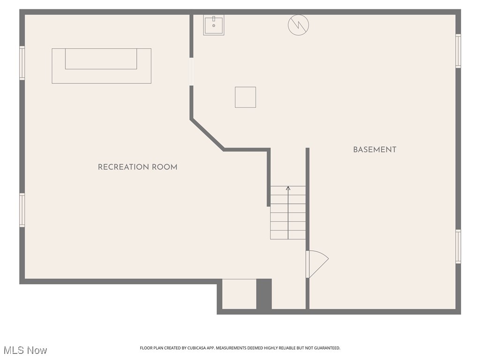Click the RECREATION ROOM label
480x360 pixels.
[x=137, y=167]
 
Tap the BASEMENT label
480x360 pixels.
[x=375, y=150]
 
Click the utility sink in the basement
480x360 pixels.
[x=214, y=25]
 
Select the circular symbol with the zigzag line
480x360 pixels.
[x=299, y=25]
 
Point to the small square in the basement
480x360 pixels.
[x=245, y=97]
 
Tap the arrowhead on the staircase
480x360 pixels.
[x=288, y=188]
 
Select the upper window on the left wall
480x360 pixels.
[x=22, y=63]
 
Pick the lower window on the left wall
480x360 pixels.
[x=22, y=210]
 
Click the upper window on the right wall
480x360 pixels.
[x=458, y=51]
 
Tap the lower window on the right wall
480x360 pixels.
[x=458, y=247]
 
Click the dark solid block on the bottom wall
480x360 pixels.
[x=264, y=294]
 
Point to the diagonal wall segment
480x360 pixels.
[x=207, y=135]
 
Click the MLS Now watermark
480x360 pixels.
[x=25, y=350]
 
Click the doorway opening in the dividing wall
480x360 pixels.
[x=191, y=72]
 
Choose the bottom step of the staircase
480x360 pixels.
[x=288, y=235]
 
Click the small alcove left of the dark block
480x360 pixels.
[x=239, y=294]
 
